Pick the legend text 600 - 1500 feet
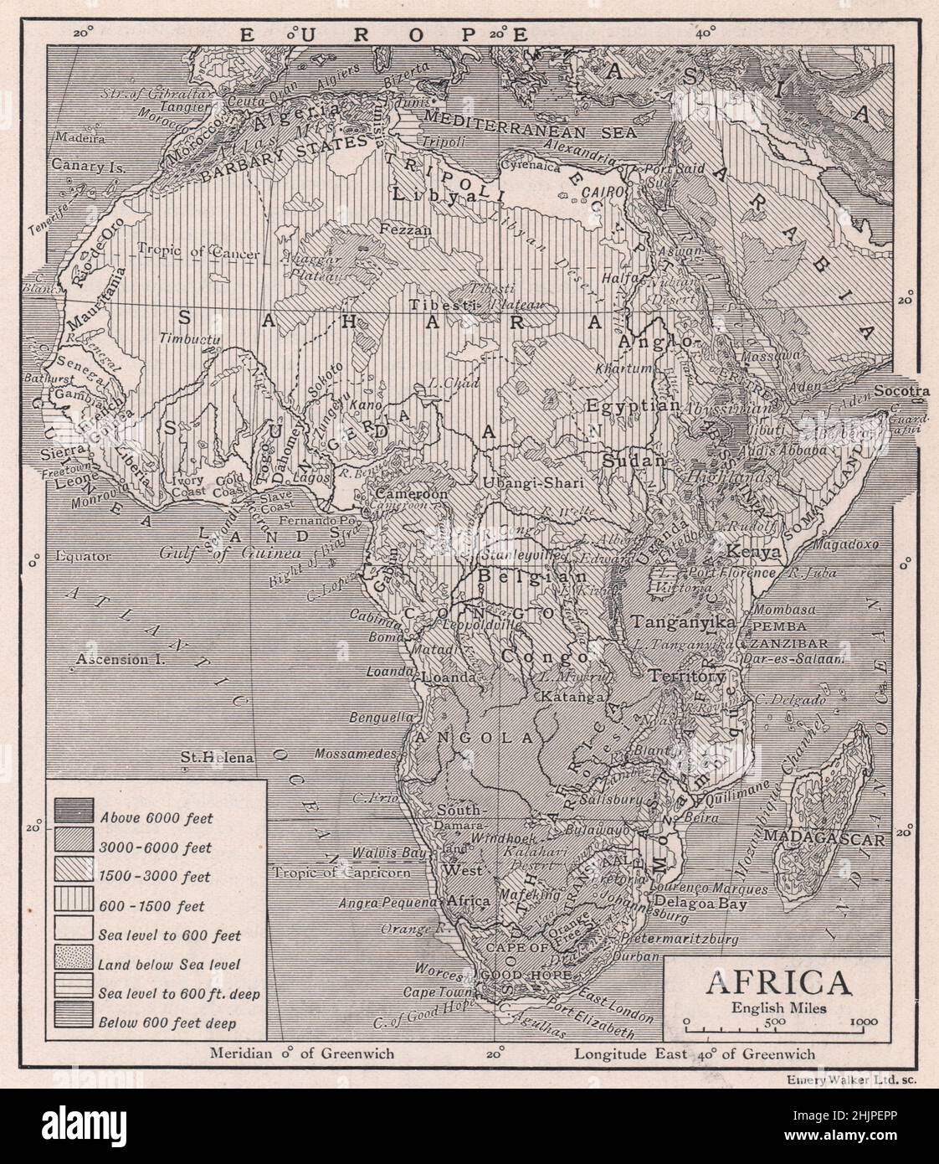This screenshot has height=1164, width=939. point(151,906)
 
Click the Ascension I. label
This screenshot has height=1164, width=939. point(118,659)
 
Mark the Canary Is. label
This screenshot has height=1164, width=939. point(88,166)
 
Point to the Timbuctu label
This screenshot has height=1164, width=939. point(188,338)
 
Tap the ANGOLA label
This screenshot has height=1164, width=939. point(474,737)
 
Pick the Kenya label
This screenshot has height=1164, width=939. point(756,553)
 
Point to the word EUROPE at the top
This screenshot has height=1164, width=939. point(383,34)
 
